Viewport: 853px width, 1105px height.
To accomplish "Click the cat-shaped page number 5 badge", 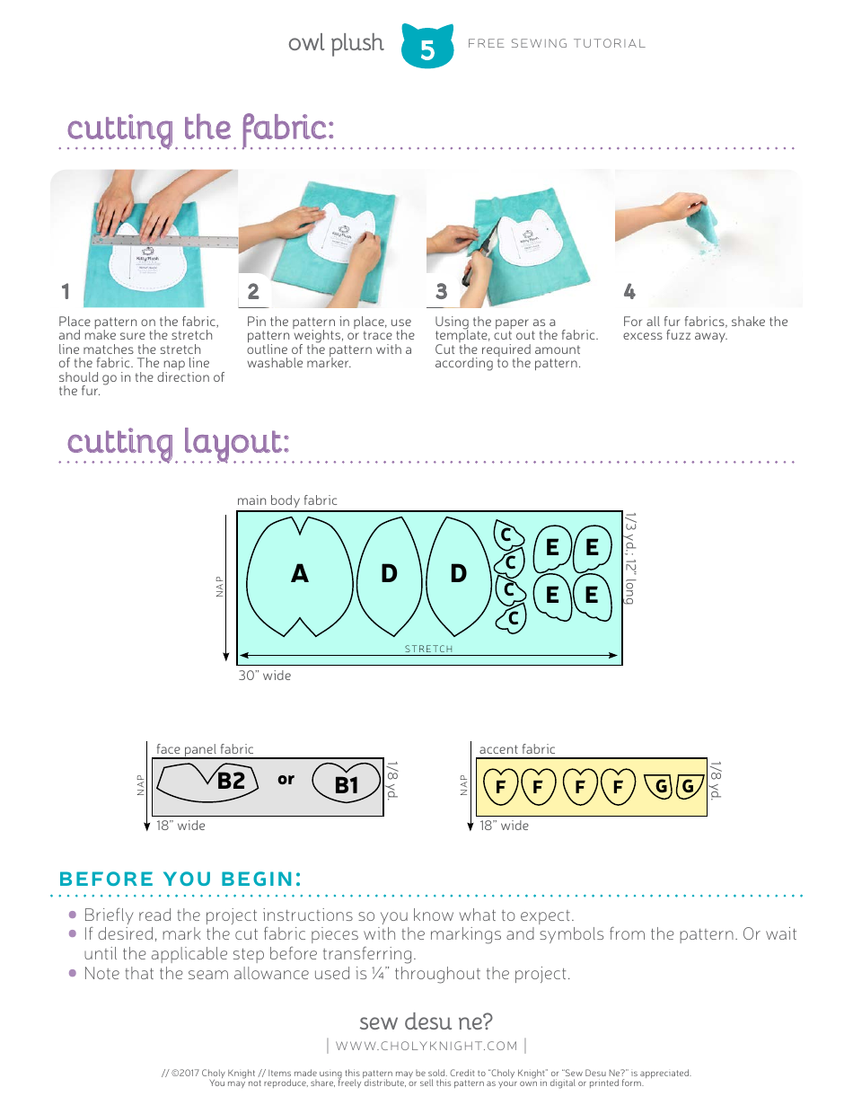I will (427, 48).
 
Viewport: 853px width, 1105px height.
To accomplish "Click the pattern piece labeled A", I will (299, 574).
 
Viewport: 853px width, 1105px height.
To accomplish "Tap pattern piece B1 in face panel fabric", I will (346, 785).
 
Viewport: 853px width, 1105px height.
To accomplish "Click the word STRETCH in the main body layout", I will (428, 649).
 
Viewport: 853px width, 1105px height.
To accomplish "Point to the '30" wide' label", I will (264, 676).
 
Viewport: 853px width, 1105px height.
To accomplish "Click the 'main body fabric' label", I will (286, 500).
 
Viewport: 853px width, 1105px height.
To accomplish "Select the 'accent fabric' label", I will (517, 749).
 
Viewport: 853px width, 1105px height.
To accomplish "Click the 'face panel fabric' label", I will (205, 749).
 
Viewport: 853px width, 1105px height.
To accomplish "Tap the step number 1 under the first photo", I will (66, 292).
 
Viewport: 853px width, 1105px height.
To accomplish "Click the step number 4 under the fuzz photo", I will (629, 292).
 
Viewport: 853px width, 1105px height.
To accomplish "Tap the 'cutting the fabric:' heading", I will (200, 128).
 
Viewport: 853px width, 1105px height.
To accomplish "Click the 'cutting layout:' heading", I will (178, 442).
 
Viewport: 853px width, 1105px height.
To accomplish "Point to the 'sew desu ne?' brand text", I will (426, 1021).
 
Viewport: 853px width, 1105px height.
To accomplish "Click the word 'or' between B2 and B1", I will (286, 780).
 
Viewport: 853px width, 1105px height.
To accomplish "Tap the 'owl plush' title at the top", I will (336, 43).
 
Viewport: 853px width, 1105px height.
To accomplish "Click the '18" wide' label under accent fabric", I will (504, 826).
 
